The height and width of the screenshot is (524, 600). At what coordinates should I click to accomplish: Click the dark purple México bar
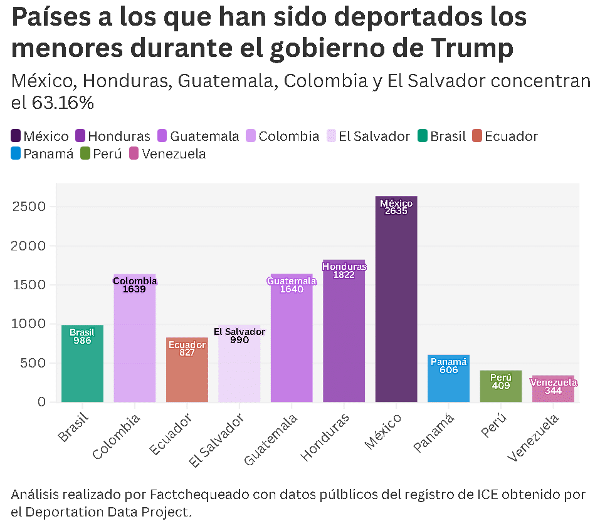pyautogui.click(x=396, y=299)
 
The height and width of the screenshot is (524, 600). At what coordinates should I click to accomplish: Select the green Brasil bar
pyautogui.click(x=82, y=364)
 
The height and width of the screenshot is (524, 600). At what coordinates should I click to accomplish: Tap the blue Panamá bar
pyautogui.click(x=448, y=378)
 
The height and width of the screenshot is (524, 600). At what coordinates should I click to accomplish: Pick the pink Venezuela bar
pyautogui.click(x=553, y=389)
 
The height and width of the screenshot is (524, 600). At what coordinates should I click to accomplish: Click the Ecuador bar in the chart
pyautogui.click(x=187, y=369)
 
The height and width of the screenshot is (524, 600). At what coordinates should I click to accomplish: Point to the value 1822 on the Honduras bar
pyautogui.click(x=344, y=275)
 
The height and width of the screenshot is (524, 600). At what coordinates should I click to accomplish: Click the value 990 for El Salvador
pyautogui.click(x=239, y=340)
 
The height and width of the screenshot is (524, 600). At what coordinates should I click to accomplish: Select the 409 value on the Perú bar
pyautogui.click(x=501, y=386)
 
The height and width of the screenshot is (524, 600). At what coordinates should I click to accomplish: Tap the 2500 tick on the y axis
pyautogui.click(x=29, y=207)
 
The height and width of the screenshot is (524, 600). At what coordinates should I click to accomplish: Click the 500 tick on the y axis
pyautogui.click(x=33, y=362)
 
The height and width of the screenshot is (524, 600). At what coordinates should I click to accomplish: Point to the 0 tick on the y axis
pyautogui.click(x=42, y=402)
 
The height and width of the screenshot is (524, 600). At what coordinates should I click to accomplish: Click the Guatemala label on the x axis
pyautogui.click(x=271, y=439)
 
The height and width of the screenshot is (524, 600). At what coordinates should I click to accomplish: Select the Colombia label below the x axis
pyautogui.click(x=117, y=436)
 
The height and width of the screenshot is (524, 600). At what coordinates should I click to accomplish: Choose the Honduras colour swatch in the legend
pyautogui.click(x=80, y=136)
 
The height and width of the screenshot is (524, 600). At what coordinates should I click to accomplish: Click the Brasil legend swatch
pyautogui.click(x=423, y=136)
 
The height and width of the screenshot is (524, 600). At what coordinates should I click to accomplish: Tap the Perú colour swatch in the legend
pyautogui.click(x=85, y=153)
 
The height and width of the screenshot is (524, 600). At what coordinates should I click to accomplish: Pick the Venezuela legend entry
pyautogui.click(x=167, y=153)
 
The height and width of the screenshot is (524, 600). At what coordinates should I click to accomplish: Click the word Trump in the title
pyautogui.click(x=472, y=49)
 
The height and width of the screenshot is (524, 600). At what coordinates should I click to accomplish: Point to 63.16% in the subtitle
pyautogui.click(x=63, y=103)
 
